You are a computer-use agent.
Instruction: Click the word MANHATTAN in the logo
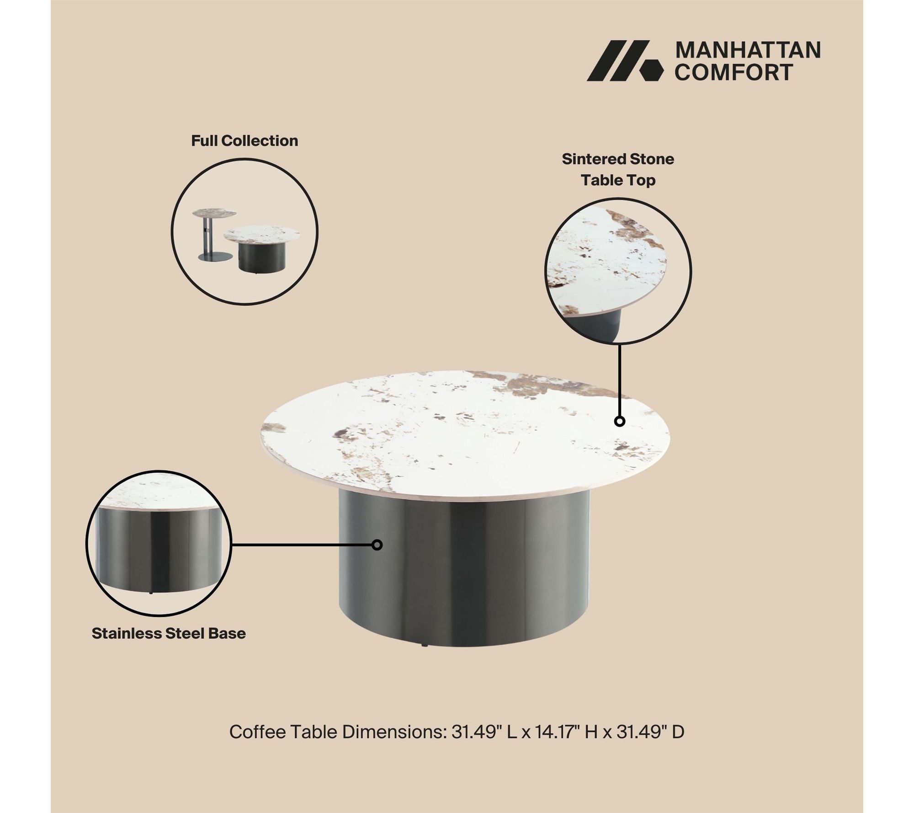[748, 50]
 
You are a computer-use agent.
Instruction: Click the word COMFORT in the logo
[734, 72]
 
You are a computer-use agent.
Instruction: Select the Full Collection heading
[244, 140]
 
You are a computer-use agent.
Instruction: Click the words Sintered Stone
[618, 159]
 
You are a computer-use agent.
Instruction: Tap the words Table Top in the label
[618, 180]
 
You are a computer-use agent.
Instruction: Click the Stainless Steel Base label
[169, 633]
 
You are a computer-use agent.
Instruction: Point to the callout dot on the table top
[620, 421]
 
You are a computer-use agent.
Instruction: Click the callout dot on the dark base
[377, 545]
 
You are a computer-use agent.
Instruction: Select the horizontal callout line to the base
[302, 545]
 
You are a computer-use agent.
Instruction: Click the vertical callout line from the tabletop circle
[620, 380]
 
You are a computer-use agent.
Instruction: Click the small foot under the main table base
[425, 646]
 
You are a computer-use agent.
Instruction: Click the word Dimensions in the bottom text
[394, 732]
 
